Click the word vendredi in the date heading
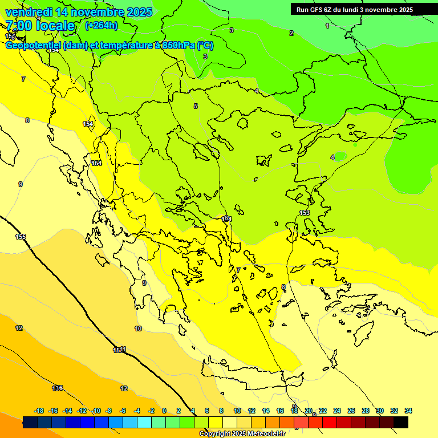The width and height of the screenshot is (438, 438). coord(29,12)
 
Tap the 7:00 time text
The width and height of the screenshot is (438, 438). coord(20,26)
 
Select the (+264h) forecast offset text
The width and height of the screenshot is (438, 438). coord(102,25)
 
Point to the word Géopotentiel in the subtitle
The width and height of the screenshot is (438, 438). coord(33,46)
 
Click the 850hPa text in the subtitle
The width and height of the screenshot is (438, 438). coord(176,46)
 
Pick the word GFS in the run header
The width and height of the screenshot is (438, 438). coord(317,10)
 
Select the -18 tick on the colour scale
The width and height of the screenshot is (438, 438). coord(39,411)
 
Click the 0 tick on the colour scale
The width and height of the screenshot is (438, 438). coord(164,411)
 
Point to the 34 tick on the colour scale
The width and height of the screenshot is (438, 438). coord(408,411)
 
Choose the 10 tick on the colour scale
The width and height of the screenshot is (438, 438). coord(237,411)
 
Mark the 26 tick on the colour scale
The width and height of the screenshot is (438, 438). coord(351,411)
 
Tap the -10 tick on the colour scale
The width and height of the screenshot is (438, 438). coord(96,411)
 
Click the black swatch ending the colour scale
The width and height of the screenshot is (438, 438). coord(401,422)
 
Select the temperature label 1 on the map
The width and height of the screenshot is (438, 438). coord(327,26)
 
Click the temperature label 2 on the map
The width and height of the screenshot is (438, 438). coord(291,33)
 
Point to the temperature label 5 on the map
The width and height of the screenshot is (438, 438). coord(196,106)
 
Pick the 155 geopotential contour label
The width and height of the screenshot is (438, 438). coord(21,237)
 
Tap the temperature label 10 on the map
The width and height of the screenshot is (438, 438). coord(138,328)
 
